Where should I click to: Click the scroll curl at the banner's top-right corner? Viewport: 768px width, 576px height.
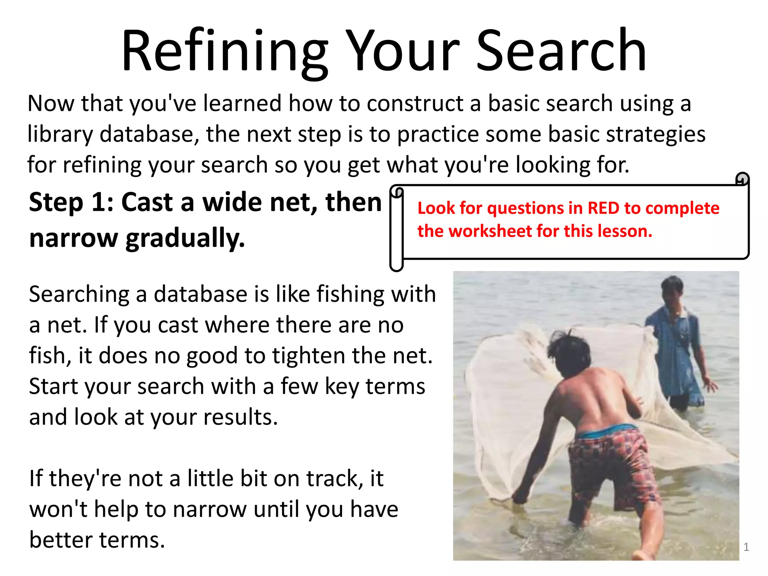point(742,179)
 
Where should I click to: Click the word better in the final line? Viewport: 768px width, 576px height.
point(61,540)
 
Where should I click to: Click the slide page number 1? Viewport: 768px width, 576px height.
point(746,547)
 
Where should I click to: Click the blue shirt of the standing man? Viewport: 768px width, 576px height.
point(675,337)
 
